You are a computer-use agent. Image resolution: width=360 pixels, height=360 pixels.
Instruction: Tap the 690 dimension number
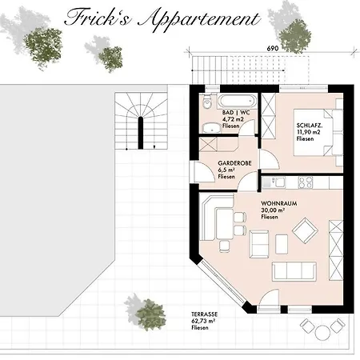click(272, 49)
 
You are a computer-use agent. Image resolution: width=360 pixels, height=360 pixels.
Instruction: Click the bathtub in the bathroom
click(237, 102)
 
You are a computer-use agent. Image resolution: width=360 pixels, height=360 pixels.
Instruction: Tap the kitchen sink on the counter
click(277, 181)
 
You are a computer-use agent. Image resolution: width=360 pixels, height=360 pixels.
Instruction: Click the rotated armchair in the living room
click(305, 232)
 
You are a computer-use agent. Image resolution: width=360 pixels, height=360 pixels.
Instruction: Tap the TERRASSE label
click(205, 317)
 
